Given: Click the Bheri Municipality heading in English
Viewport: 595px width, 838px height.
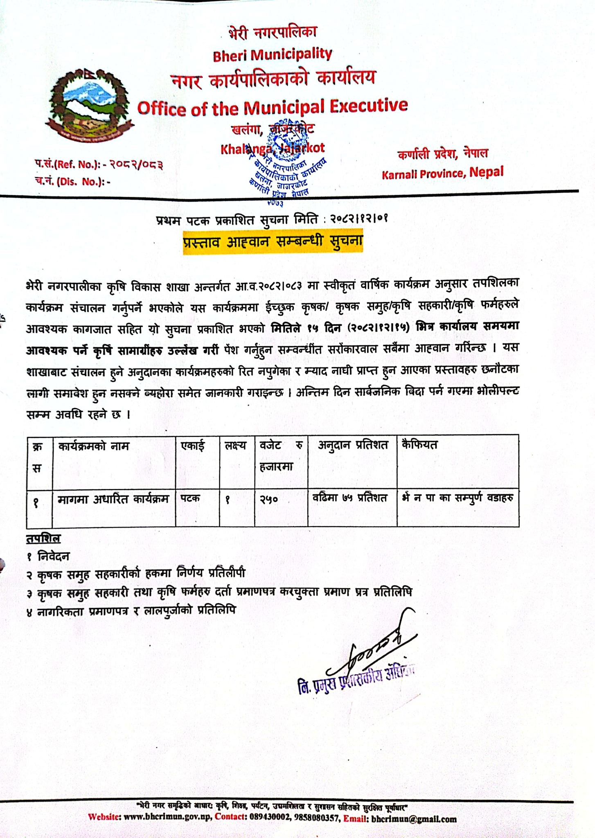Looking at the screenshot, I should [x=273, y=54].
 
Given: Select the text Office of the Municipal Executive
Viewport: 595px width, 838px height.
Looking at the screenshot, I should [x=273, y=107].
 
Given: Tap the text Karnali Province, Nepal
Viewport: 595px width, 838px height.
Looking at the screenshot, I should [x=442, y=173].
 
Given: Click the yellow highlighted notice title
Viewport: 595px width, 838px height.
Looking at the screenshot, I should [x=273, y=242].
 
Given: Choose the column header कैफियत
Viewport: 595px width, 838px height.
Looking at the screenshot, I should [x=420, y=445].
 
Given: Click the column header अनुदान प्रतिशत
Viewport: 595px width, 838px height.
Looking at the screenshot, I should [x=353, y=446].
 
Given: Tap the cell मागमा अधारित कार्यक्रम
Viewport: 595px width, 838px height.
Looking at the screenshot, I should [x=113, y=500].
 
